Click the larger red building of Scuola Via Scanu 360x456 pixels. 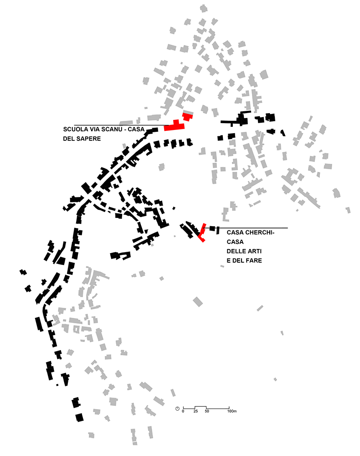coord(175,126)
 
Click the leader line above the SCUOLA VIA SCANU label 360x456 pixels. coord(118,124)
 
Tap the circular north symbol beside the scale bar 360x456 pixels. coord(177,408)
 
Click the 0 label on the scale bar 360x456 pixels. coord(183,412)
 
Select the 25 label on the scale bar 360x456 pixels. coord(195,412)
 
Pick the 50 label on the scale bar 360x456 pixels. coord(206,412)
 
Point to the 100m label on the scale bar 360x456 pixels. coord(231,412)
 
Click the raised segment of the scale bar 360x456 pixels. coord(201,406)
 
